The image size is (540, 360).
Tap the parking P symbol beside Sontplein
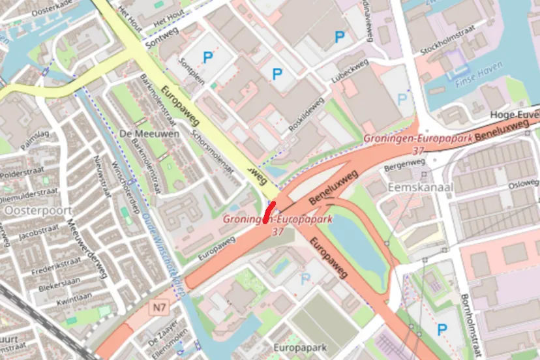click(207, 58)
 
